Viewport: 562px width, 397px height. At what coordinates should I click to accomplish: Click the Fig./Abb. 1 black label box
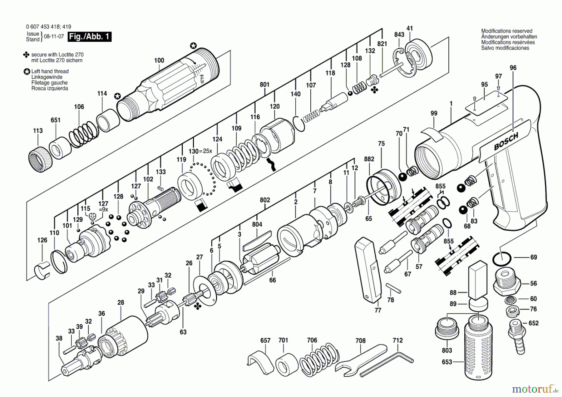pos(89,37)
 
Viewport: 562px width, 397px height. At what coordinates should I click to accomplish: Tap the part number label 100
pos(159,60)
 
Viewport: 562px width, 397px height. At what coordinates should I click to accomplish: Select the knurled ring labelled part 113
pos(38,159)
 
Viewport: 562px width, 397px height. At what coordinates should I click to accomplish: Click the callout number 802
pos(265,200)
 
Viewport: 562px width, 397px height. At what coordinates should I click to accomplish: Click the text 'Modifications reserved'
pos(506,31)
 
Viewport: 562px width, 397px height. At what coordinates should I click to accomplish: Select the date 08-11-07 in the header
pos(54,36)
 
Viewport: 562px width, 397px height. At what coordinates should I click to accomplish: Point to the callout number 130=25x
pos(200,151)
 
